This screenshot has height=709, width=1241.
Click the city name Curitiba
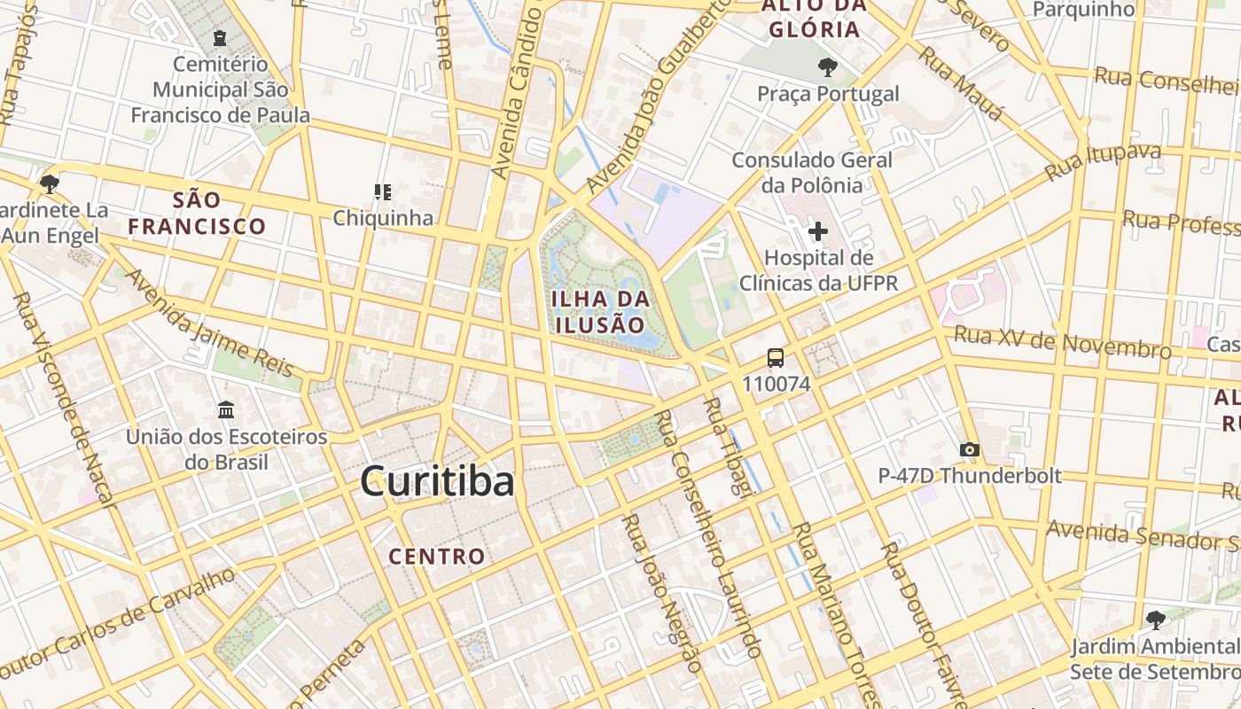(x=437, y=482)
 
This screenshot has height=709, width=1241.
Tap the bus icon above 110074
(x=776, y=358)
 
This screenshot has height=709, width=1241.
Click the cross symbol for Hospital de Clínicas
(x=817, y=232)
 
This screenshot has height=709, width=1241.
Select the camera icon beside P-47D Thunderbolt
(x=970, y=450)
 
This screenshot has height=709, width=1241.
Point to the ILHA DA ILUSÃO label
(x=601, y=311)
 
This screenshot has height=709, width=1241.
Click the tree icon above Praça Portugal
(x=827, y=66)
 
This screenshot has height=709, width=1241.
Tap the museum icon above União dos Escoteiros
(x=226, y=410)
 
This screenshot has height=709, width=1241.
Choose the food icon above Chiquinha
(x=383, y=191)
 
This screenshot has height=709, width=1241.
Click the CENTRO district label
(x=437, y=557)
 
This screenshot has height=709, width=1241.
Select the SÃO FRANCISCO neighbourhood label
(x=197, y=213)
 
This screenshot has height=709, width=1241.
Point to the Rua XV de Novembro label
(x=1063, y=342)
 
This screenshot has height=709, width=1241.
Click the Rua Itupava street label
(x=1103, y=161)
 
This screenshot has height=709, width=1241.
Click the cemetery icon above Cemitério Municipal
(x=220, y=38)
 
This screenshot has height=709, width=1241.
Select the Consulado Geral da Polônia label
(x=812, y=173)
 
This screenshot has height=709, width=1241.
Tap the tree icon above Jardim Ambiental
(x=1154, y=619)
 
